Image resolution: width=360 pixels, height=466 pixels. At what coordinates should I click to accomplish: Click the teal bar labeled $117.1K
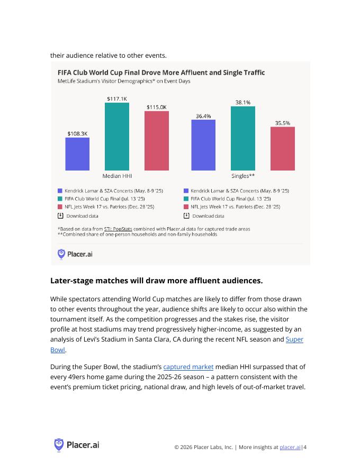click(116, 137)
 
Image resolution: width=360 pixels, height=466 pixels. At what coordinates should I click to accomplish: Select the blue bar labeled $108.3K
click(77, 154)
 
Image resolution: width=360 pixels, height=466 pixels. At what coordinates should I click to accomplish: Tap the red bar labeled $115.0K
click(157, 140)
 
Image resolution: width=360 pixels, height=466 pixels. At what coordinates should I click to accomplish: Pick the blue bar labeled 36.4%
click(203, 145)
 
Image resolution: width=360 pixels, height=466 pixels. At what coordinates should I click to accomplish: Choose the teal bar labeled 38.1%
click(242, 138)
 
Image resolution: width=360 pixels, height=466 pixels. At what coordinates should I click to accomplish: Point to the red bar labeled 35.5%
click(283, 149)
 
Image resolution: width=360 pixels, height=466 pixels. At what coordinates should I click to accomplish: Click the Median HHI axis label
click(117, 176)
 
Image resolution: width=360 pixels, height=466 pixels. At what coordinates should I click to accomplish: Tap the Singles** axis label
click(243, 176)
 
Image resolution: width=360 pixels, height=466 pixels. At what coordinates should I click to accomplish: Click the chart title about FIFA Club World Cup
click(161, 73)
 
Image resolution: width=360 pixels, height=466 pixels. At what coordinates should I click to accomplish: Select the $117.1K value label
click(117, 98)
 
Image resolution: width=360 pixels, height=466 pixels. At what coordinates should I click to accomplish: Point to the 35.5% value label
click(283, 123)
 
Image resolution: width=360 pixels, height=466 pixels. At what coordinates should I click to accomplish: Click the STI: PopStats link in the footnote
click(118, 229)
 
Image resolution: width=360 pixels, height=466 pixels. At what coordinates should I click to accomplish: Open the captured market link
click(188, 367)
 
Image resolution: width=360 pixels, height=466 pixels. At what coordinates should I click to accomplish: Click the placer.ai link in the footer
click(290, 447)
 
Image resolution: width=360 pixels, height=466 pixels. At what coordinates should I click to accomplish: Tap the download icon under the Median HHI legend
click(60, 216)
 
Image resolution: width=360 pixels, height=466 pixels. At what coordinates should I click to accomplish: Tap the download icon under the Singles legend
click(186, 216)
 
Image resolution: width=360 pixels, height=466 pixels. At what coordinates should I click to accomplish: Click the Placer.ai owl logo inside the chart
click(61, 254)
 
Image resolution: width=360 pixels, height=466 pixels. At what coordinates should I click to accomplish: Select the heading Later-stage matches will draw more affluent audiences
click(157, 281)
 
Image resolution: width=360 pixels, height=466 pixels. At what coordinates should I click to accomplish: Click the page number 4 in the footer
click(305, 447)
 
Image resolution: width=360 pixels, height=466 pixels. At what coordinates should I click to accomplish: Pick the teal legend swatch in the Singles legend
click(186, 199)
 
